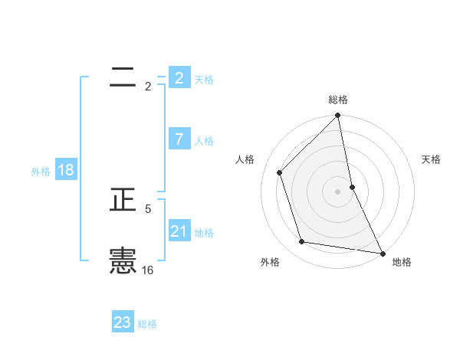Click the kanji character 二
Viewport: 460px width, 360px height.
123,77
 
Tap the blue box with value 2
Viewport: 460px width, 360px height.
179,77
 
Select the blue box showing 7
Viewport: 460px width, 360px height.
179,139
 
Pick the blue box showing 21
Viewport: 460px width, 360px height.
179,231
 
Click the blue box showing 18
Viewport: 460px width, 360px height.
65,170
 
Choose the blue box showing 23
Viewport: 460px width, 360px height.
123,322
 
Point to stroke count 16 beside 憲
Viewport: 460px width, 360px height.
148,270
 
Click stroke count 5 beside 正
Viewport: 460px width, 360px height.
148,208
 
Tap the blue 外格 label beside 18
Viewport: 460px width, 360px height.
41,172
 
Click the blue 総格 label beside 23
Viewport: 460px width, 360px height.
147,324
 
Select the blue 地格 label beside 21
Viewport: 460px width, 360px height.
204,233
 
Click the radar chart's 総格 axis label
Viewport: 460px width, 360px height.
338,100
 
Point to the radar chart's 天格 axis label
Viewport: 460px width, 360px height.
431,159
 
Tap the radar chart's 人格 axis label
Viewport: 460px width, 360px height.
245,159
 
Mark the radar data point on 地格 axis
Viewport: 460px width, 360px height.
382,253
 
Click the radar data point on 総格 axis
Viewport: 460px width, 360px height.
338,116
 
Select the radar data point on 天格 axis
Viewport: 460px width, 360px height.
352,186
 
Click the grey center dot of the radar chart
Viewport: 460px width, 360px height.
338,191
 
